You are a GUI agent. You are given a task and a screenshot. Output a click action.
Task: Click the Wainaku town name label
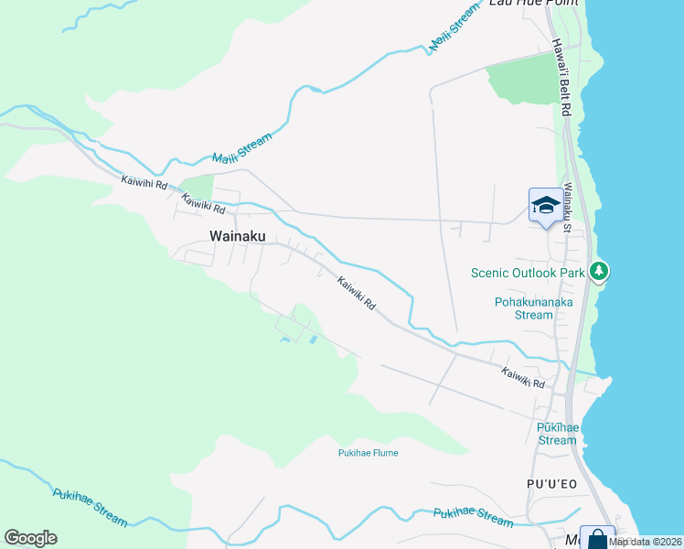[237, 236]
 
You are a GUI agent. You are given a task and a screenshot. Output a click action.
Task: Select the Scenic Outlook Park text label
[528, 273]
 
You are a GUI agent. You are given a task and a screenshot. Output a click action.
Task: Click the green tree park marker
[598, 272]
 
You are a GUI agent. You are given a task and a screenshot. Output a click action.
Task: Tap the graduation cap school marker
[545, 206]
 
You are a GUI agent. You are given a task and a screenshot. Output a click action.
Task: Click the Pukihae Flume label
[368, 453]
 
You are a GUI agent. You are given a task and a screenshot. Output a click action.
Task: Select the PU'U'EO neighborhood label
[551, 484]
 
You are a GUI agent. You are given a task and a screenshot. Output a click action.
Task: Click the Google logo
[30, 538]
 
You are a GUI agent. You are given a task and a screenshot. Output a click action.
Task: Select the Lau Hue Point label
[522, 4]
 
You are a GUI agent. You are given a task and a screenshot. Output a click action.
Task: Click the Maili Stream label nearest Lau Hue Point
[454, 27]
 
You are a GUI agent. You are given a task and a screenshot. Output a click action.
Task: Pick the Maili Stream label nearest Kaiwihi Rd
[242, 150]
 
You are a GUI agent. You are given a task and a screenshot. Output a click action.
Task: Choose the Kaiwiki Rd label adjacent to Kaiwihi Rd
[203, 207]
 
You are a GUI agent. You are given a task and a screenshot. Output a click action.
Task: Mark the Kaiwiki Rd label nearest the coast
[522, 378]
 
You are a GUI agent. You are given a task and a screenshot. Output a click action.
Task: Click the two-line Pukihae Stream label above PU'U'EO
[557, 434]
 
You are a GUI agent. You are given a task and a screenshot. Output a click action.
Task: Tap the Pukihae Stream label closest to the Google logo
[90, 506]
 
